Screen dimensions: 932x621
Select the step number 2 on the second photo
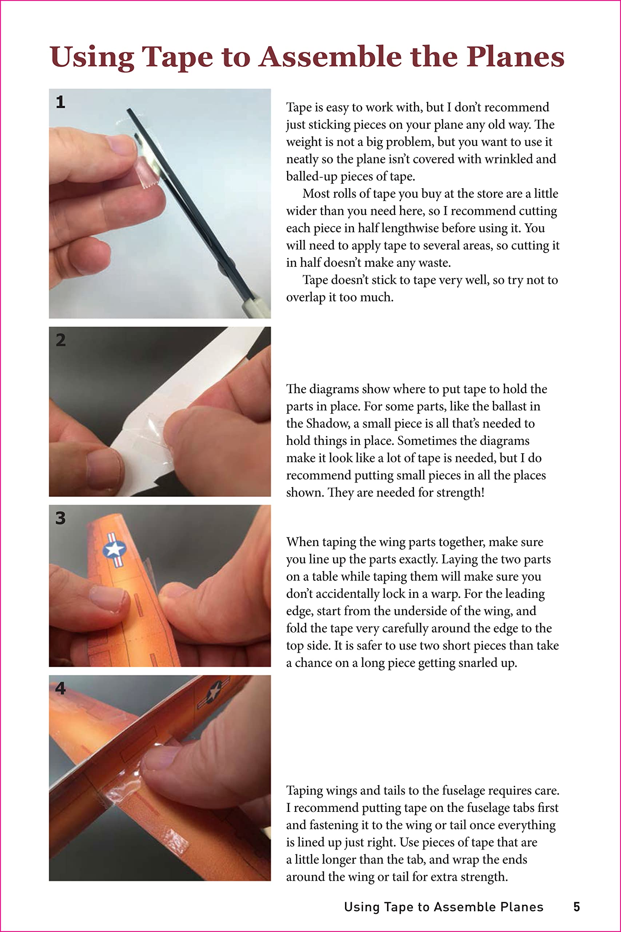point(61,340)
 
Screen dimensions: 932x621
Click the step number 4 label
point(60,688)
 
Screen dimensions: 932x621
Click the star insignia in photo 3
point(115,549)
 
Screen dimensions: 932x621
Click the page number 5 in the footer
point(577,907)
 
